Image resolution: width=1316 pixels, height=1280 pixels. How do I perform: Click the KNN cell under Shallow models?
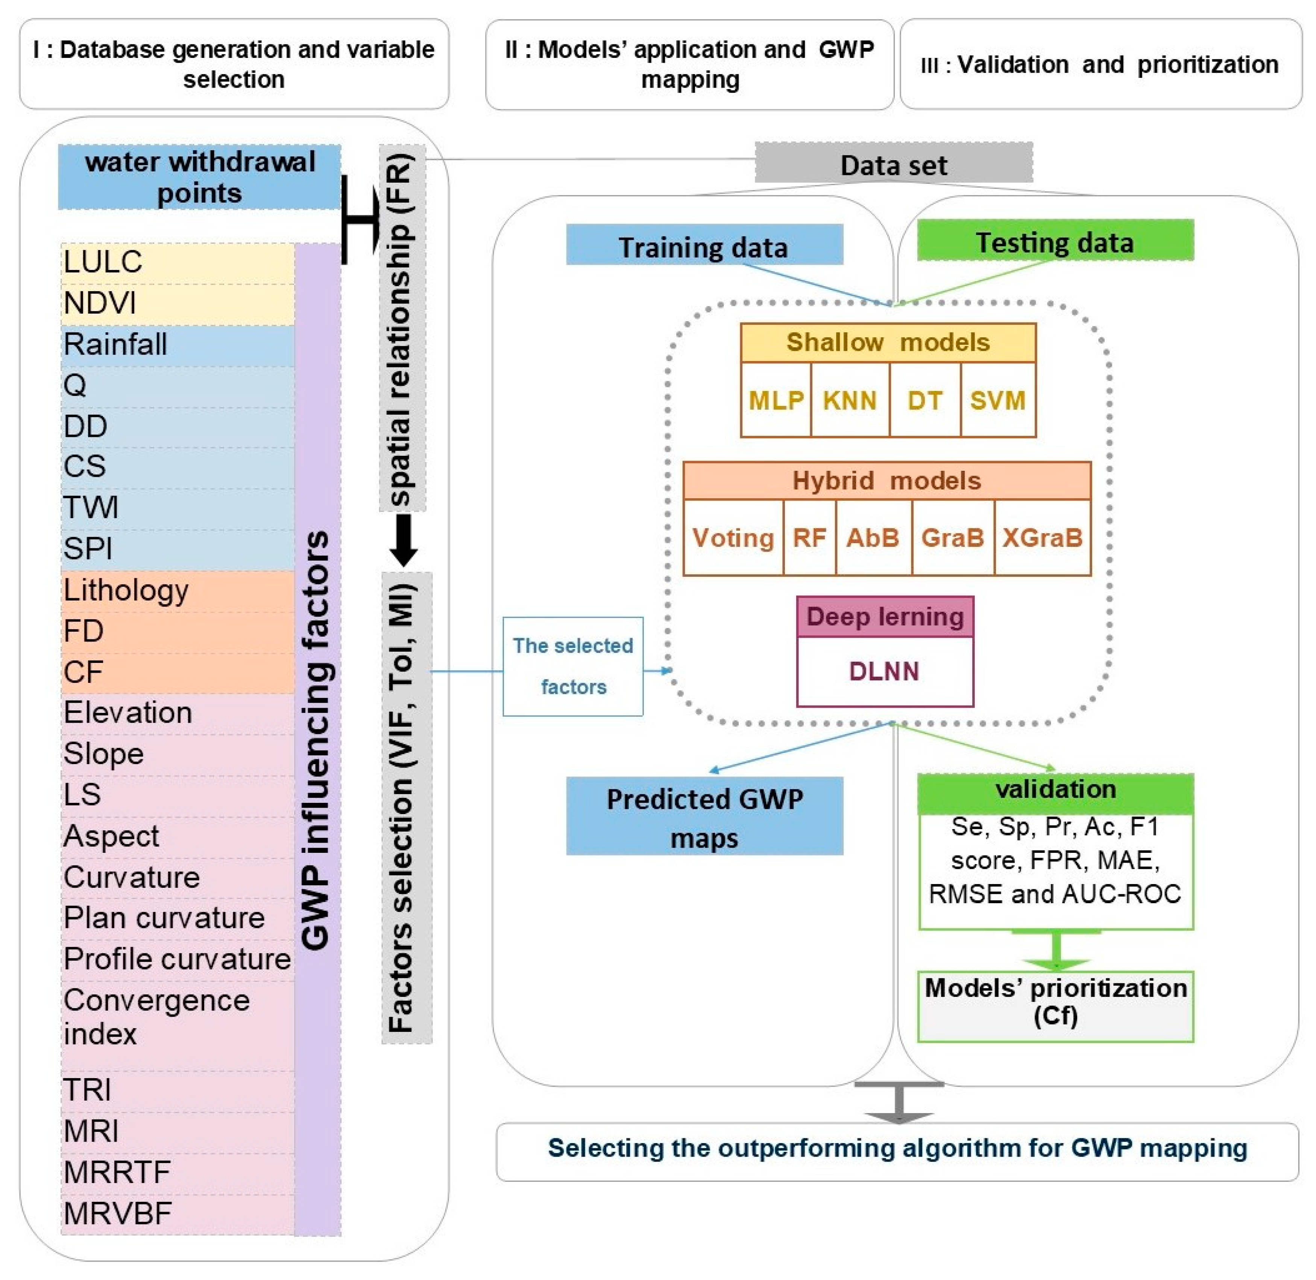coord(850,400)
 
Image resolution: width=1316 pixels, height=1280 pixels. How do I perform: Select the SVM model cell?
coord(998,400)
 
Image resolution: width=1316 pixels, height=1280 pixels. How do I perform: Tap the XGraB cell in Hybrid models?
coord(1042,537)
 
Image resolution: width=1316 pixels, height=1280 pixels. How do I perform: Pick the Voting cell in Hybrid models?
coord(733,537)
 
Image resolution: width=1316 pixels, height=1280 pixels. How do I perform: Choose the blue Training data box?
coord(704,245)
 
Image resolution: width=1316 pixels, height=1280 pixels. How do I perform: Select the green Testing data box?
coord(1055,240)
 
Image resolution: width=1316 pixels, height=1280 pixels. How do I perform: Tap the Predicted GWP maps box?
coord(704,816)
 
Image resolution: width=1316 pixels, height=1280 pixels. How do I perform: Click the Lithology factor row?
coord(178,591)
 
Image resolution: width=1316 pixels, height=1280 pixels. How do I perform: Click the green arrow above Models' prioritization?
coord(1056,949)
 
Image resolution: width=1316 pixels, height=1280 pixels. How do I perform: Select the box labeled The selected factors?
coord(573,666)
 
